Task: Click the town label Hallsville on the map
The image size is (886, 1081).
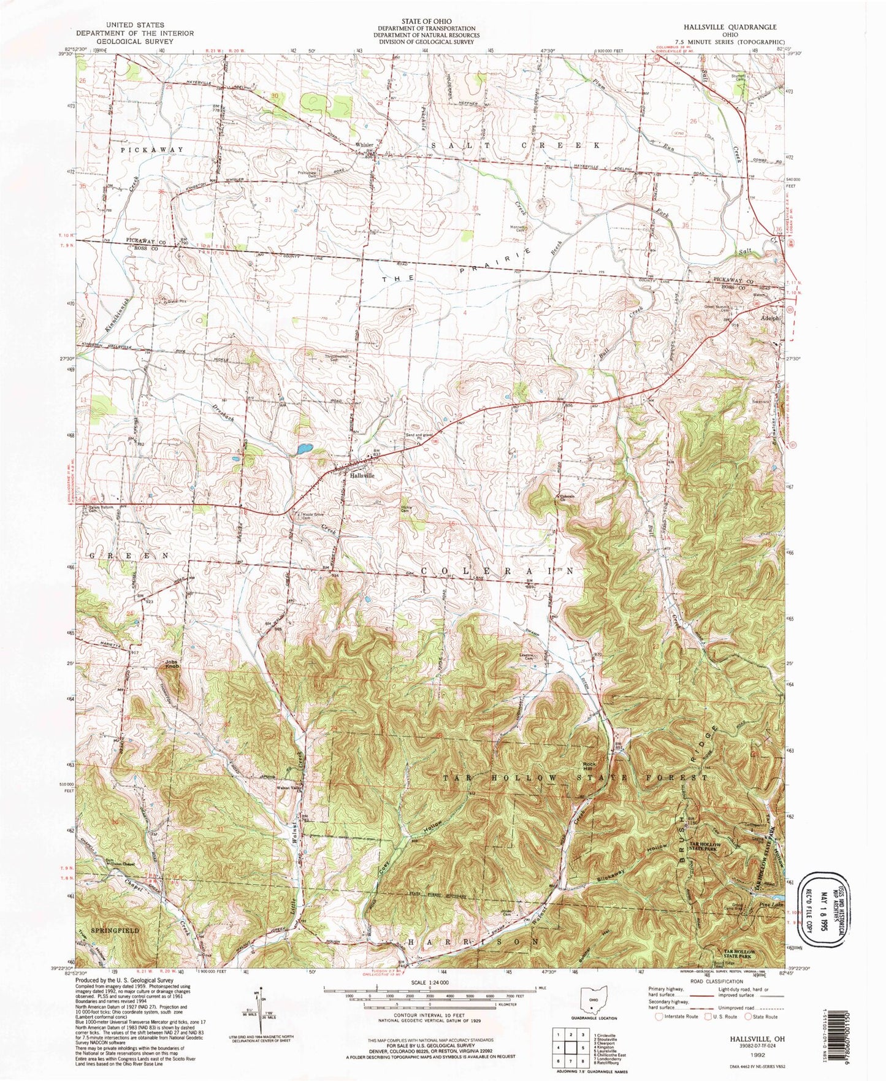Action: [x=361, y=475]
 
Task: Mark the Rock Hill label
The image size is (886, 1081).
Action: [x=589, y=766]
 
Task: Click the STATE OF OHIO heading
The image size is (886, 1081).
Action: [x=426, y=21]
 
